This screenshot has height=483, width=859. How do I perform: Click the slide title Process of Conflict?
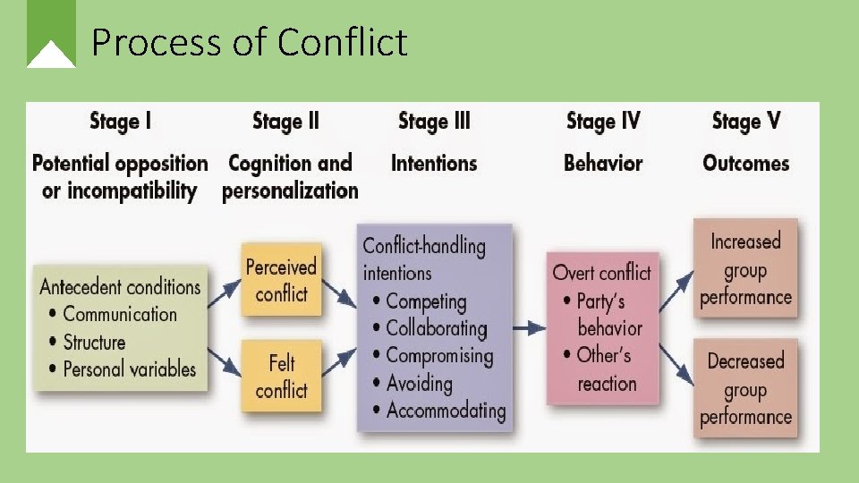pos(249,42)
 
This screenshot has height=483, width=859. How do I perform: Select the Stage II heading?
pos(285,121)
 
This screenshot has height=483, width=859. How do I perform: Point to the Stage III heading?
pos(433,121)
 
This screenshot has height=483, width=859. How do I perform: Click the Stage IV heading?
pos(603,121)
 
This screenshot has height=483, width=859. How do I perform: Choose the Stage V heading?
pos(747,121)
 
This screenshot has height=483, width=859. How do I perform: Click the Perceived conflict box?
pos(281,280)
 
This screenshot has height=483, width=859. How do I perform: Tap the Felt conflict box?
pos(281,376)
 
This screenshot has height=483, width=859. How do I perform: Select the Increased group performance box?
pos(745,268)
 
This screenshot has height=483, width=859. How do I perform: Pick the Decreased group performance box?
pos(745,388)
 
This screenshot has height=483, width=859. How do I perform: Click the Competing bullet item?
pos(426,301)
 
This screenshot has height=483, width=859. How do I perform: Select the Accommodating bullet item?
pos(445,411)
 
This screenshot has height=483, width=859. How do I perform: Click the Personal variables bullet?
pos(129,369)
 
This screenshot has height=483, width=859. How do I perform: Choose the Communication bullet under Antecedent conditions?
pos(120,314)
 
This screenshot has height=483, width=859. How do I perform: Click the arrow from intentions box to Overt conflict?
pos(530,327)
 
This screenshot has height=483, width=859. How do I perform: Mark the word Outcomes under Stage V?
pos(745,163)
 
